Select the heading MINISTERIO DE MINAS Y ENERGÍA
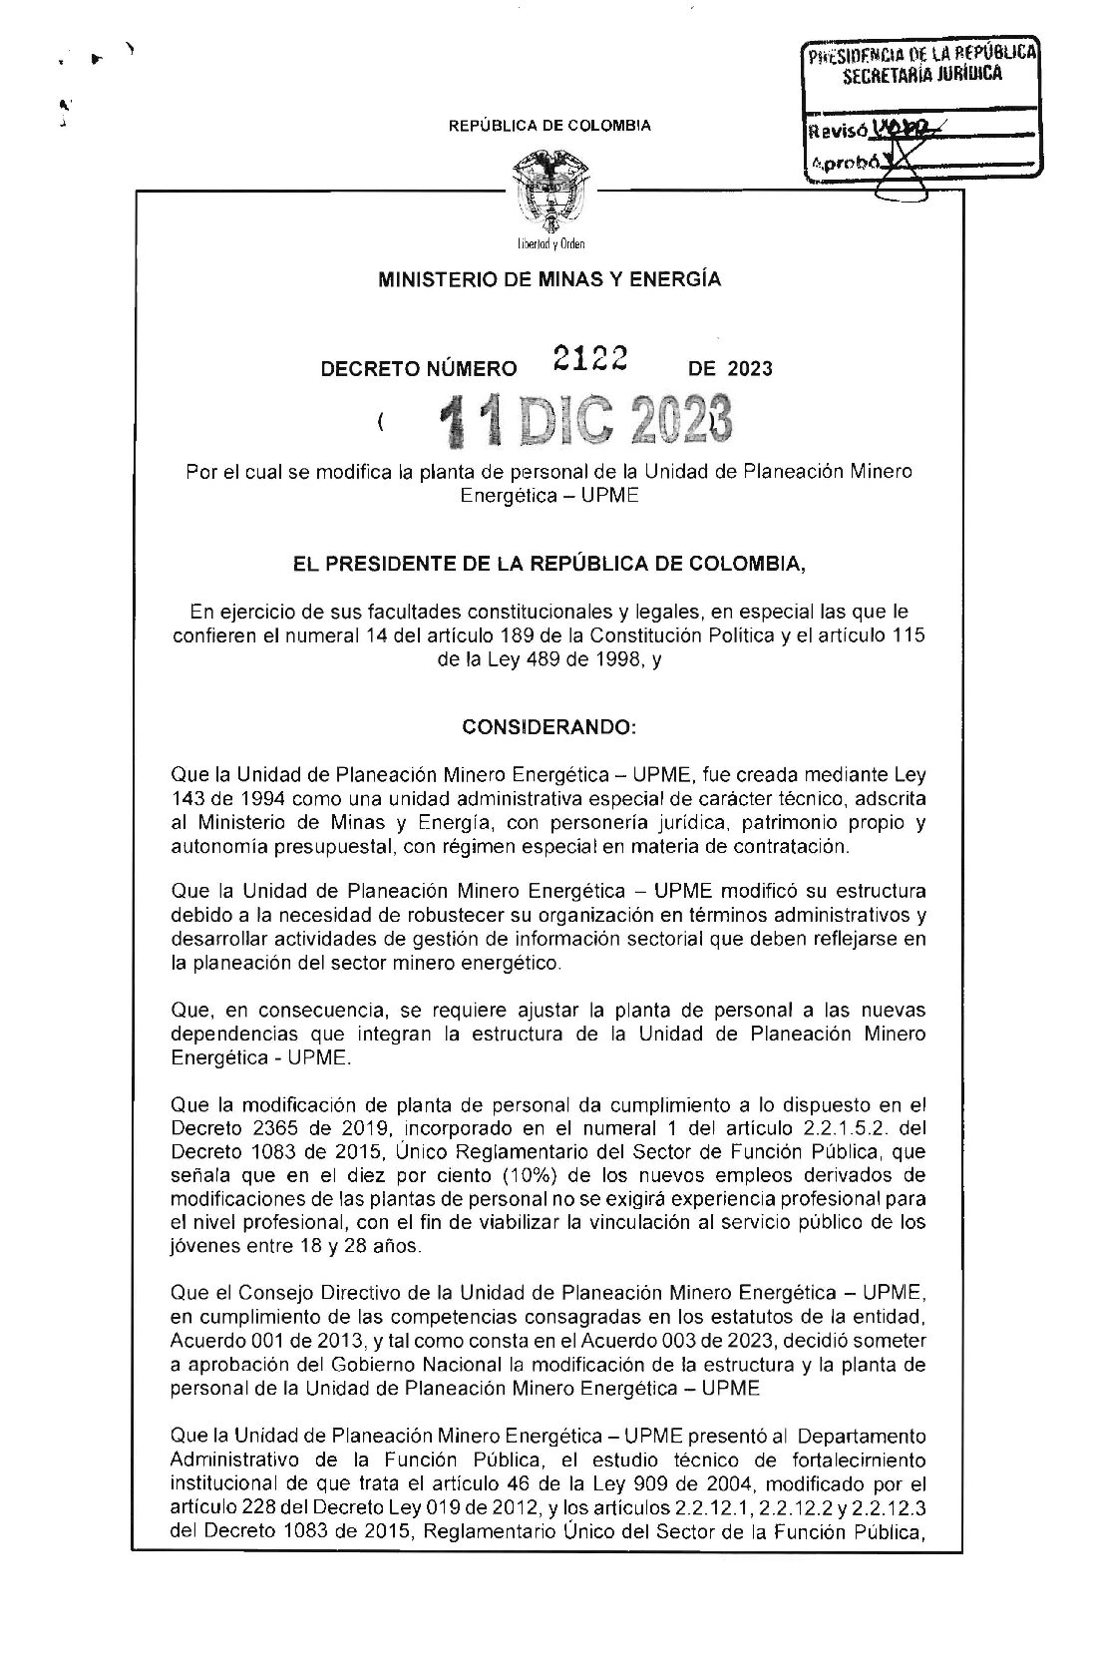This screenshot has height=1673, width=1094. (x=548, y=280)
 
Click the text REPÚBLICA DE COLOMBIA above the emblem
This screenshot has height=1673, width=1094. (x=549, y=126)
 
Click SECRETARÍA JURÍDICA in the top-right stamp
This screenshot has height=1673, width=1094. (x=922, y=74)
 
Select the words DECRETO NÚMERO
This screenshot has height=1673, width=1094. (x=418, y=369)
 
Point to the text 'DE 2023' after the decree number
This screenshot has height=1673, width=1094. (x=730, y=369)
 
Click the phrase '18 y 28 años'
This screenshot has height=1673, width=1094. (x=368, y=1245)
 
